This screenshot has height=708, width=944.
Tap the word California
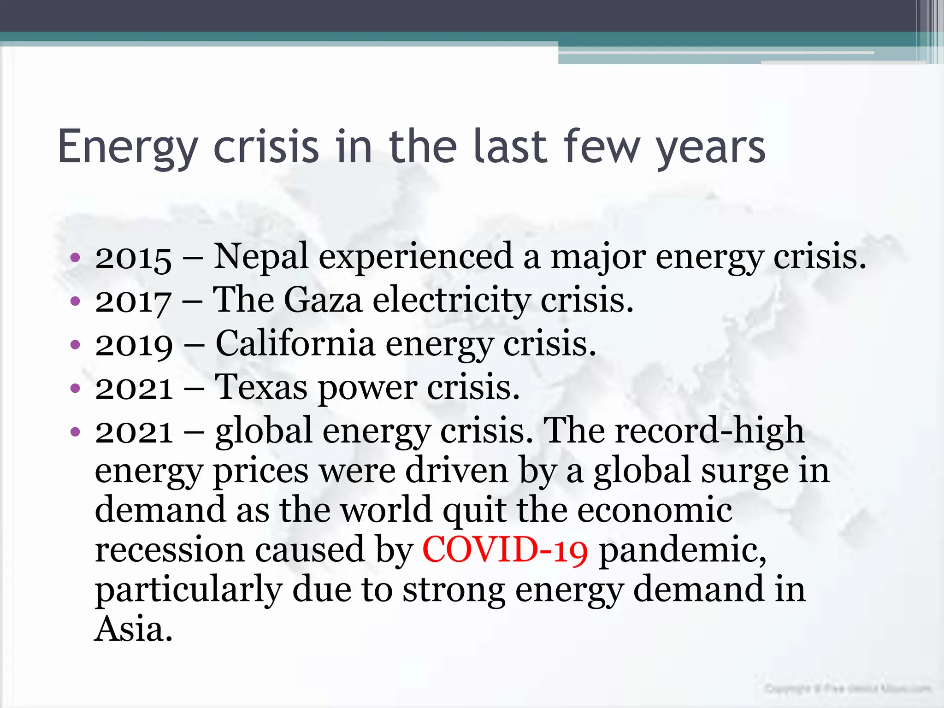[x=295, y=344]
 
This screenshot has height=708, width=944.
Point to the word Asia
[x=133, y=630]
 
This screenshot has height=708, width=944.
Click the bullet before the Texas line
[x=75, y=389]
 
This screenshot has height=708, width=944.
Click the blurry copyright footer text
[x=848, y=689]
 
